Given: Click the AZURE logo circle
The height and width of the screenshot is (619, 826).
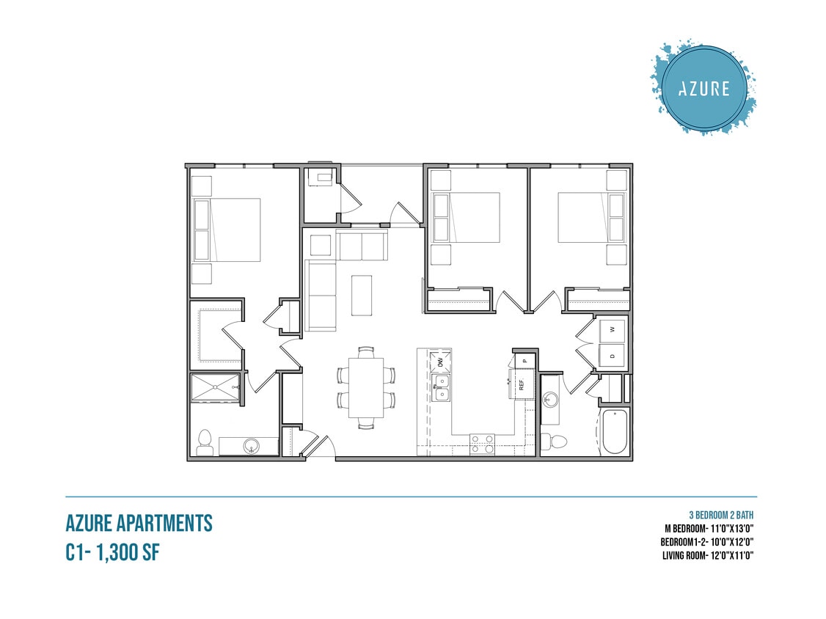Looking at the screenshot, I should (x=703, y=89).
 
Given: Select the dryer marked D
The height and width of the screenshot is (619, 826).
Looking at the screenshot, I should (x=613, y=356).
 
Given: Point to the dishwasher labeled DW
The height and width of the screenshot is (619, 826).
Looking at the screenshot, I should (x=441, y=361).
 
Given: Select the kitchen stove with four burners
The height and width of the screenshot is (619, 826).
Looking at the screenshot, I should (x=482, y=443).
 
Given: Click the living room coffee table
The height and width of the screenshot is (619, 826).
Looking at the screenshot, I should (x=362, y=295).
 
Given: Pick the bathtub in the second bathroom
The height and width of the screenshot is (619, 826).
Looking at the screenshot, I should (x=613, y=433).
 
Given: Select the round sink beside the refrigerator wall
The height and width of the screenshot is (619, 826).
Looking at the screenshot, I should (x=551, y=400).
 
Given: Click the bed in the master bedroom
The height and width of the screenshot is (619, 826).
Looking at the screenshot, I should (x=227, y=230).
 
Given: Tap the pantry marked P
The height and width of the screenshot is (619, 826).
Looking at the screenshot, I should (x=525, y=360).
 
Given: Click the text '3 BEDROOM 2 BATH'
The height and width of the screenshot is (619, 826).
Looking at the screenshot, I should (x=721, y=513).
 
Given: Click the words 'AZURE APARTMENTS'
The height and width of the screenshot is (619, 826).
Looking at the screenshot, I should (x=139, y=523).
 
